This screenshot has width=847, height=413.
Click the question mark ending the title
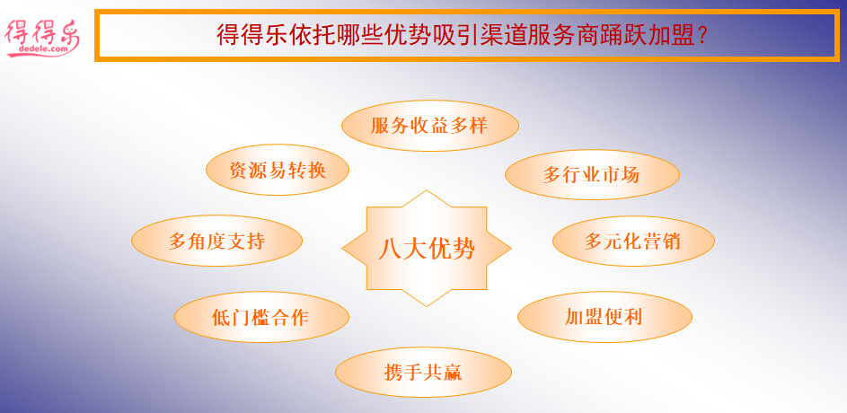702,36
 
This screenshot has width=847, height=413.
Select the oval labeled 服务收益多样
430,126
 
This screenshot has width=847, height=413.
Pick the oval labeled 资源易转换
278,170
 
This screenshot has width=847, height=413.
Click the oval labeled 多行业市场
592,175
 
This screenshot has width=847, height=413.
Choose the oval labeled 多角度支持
216,241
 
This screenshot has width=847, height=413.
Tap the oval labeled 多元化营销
633,241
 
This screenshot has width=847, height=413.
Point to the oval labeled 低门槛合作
261,317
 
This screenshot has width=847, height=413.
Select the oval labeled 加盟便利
604,317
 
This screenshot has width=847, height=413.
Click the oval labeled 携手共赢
424,373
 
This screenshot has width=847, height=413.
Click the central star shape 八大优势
427,249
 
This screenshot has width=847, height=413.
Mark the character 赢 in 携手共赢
453,373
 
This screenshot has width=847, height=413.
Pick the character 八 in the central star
388,250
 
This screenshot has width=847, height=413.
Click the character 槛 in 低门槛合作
260,317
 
